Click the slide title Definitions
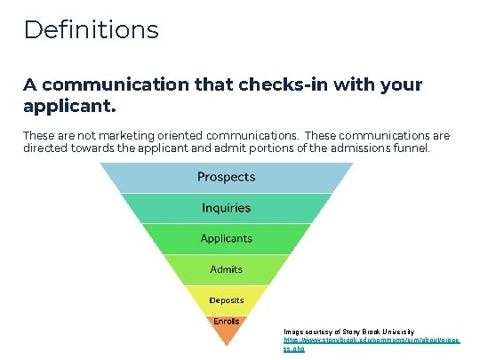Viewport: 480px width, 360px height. click(91, 29)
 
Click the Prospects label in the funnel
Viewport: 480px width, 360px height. click(226, 177)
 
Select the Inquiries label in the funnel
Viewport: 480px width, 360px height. click(226, 208)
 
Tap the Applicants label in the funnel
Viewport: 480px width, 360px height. click(226, 238)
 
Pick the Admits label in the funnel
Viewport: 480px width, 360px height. click(226, 268)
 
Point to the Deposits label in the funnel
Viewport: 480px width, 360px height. click(226, 299)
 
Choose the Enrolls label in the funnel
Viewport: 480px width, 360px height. click(226, 320)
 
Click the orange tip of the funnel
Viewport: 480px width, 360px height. click(226, 334)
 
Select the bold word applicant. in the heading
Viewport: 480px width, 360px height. click(69, 106)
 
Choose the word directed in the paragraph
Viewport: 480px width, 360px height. click(46, 148)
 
